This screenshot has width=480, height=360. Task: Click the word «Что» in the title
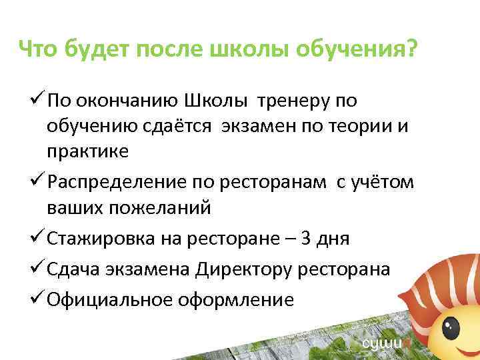click(x=39, y=48)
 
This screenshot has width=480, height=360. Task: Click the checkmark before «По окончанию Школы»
click(x=38, y=101)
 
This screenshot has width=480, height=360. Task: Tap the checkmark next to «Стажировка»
click(x=38, y=238)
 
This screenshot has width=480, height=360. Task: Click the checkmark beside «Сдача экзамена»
click(x=38, y=269)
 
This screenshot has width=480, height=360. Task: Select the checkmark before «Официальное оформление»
click(x=38, y=299)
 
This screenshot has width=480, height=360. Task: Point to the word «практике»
click(x=88, y=151)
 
